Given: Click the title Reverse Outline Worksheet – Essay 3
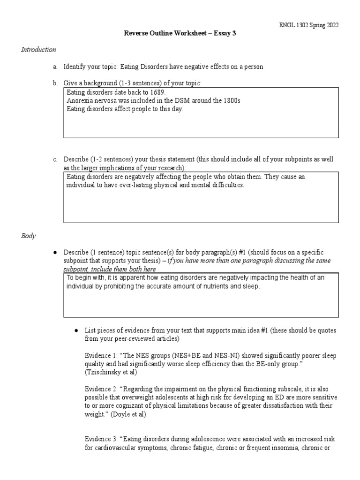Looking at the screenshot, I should point(180,33).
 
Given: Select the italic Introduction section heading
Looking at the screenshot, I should point(38,50).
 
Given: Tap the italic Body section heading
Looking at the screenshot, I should point(28,236).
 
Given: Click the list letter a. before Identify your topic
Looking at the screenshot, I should point(55,67).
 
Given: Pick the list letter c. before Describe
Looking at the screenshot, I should point(55,159).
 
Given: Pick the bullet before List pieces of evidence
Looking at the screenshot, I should point(75,330).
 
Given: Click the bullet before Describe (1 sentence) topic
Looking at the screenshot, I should point(55,253).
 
